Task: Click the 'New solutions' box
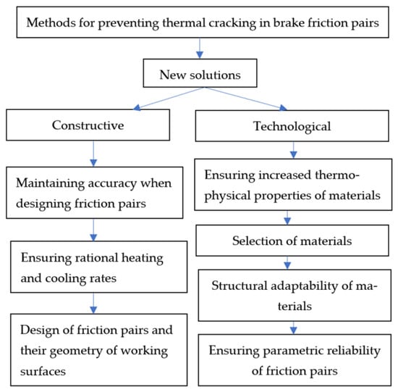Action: (x=200, y=73)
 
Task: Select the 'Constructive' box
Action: (x=88, y=125)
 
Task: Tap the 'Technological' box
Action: (x=292, y=126)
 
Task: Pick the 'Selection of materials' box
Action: (x=292, y=241)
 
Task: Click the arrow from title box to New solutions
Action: (x=200, y=49)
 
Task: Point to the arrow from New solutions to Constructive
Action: (x=169, y=99)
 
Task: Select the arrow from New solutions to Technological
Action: (x=246, y=99)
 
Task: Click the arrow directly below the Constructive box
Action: (x=93, y=154)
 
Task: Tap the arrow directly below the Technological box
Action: (x=293, y=150)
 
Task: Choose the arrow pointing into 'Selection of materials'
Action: (x=287, y=217)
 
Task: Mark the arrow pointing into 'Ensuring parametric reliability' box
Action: (x=293, y=328)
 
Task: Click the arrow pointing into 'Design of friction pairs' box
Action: (x=93, y=303)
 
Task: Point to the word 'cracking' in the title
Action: (x=232, y=23)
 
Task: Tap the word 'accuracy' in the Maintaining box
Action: (x=111, y=184)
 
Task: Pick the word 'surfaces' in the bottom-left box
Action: (x=43, y=371)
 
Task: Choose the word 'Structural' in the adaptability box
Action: (x=239, y=285)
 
